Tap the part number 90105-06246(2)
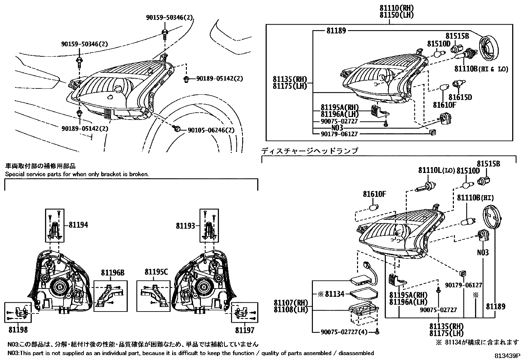(211, 130)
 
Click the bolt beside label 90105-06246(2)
(177, 129)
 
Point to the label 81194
(78, 225)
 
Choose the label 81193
(185, 225)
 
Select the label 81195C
(156, 272)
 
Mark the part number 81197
(245, 330)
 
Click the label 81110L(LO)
(437, 171)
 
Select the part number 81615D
(460, 97)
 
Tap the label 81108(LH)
(291, 309)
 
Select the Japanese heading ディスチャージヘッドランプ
(310, 151)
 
